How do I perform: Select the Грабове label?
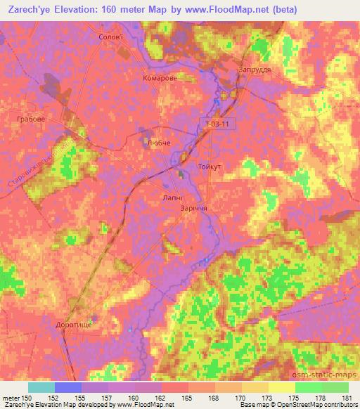[31, 119]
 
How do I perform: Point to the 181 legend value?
[347, 398]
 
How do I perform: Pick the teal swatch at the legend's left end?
[41, 387]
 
